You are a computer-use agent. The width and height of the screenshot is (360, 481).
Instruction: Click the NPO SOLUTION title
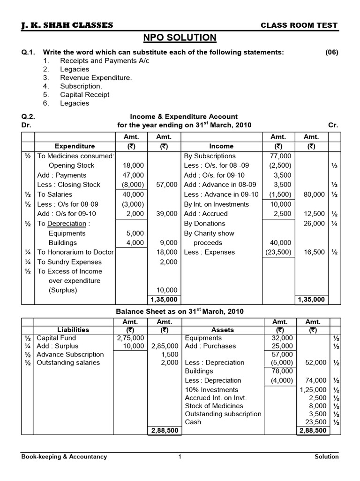click(180, 38)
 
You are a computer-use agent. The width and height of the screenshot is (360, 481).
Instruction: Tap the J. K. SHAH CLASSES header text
click(67, 25)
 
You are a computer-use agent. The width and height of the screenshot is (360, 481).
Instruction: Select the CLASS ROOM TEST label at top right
click(299, 25)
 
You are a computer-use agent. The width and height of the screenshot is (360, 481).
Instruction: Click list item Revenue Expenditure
click(96, 78)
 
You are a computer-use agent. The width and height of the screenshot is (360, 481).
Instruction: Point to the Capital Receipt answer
click(85, 94)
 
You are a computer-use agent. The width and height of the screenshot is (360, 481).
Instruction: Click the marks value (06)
click(331, 52)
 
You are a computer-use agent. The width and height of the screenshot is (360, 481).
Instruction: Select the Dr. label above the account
click(26, 125)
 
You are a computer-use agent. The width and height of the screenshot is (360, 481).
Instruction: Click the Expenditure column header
click(75, 146)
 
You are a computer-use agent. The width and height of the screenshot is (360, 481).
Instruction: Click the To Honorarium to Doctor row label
click(75, 252)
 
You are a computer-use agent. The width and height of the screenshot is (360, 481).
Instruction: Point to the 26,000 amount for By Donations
click(315, 224)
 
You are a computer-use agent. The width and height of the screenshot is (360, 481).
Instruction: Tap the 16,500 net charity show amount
click(315, 252)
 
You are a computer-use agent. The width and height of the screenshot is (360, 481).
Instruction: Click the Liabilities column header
click(73, 330)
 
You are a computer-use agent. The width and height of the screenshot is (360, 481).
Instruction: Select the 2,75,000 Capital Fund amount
click(130, 338)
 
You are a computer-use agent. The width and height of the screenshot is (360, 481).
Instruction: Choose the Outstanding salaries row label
click(68, 362)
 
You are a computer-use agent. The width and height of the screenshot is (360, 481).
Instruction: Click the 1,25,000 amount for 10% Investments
click(313, 389)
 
